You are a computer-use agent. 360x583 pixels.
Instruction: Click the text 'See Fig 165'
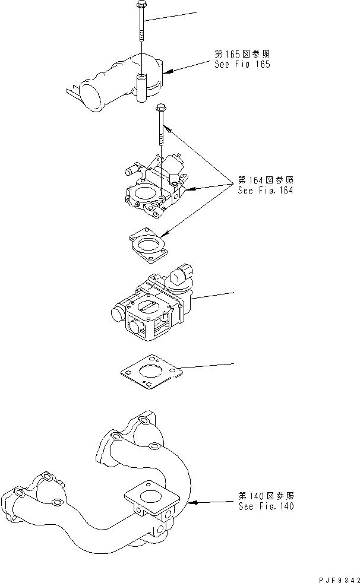(242, 64)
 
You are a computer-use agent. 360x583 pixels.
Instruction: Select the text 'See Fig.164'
(265, 191)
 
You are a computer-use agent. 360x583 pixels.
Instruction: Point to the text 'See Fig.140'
(266, 506)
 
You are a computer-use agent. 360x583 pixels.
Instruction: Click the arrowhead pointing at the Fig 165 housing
(167, 72)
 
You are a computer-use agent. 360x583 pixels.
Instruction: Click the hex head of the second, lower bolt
(160, 107)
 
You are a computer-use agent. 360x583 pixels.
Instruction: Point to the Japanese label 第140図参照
(265, 496)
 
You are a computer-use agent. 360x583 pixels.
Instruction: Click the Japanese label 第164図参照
(265, 180)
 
